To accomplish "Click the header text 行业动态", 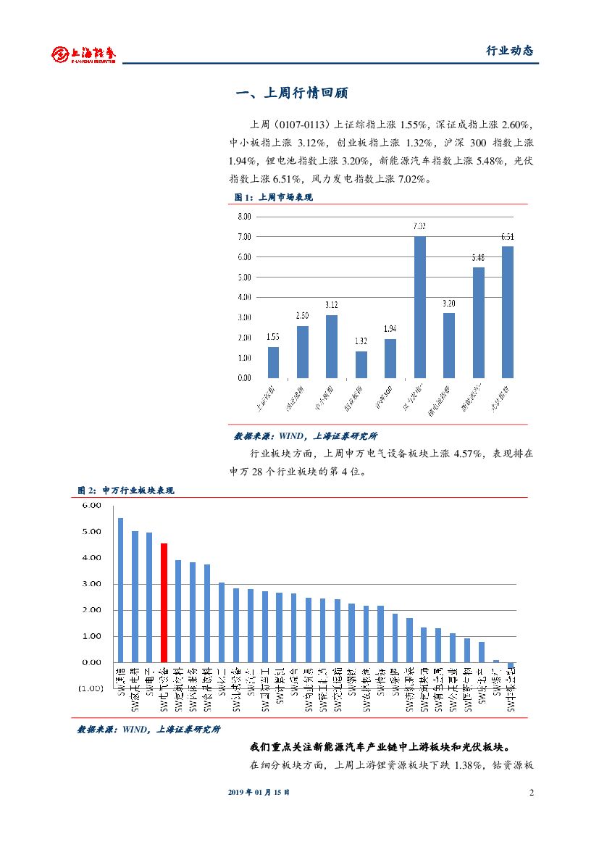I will point(508,51).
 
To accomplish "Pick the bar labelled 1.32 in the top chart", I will point(361,364).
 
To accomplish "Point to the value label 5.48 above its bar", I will point(478,257).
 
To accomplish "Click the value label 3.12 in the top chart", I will point(332,305).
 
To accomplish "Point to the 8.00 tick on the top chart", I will point(243,217).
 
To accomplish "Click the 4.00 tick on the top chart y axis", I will point(243,297).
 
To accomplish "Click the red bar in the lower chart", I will point(164,603).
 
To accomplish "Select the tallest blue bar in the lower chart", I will point(121,590).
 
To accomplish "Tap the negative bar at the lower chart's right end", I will point(511,665).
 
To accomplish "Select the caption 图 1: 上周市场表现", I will point(273,197).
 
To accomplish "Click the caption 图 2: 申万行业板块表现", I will point(126,491).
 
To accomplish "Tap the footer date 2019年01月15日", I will point(259,792).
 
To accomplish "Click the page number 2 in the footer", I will point(531,792).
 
